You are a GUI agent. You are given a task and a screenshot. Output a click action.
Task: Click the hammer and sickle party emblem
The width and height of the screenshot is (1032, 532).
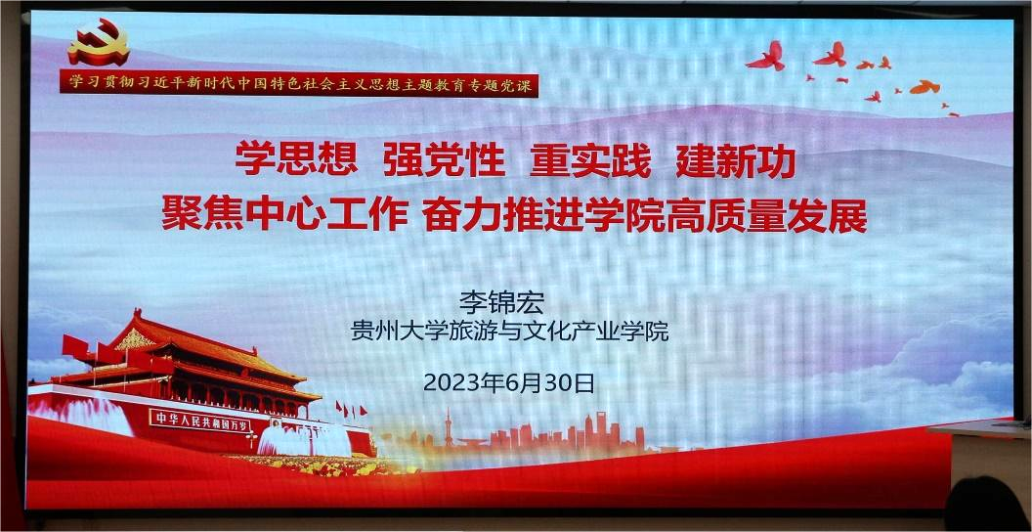pos(99,42)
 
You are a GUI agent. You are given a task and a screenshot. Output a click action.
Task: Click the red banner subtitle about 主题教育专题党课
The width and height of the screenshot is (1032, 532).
pos(299,84)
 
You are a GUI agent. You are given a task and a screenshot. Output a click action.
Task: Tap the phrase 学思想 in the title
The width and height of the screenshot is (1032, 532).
pos(296,160)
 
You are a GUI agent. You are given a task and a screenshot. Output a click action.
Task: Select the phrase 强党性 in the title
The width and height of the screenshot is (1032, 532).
pos(445,160)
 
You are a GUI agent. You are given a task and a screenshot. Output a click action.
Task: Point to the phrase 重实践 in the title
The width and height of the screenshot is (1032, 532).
pos(590,160)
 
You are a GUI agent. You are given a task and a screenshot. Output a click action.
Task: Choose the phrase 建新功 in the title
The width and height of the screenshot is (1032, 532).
pos(736,160)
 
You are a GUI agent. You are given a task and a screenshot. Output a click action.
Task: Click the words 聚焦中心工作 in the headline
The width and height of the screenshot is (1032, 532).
pos(285,215)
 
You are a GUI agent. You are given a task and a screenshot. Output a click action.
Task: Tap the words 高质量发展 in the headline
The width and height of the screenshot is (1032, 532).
pos(767,215)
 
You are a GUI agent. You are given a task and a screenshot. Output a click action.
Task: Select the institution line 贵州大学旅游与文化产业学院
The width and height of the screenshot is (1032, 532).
pos(510,332)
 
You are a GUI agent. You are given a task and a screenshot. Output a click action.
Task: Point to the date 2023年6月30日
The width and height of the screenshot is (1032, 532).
pos(509,382)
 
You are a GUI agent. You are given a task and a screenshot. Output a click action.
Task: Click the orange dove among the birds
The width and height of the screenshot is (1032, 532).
pos(924,86)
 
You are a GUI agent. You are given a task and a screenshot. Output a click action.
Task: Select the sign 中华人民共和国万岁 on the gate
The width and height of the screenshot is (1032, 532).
pos(200,421)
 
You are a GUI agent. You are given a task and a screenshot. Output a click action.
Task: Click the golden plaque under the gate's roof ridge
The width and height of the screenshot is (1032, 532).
pos(136,339)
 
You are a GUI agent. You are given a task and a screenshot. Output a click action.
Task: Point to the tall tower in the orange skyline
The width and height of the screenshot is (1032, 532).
pos(449,428)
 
